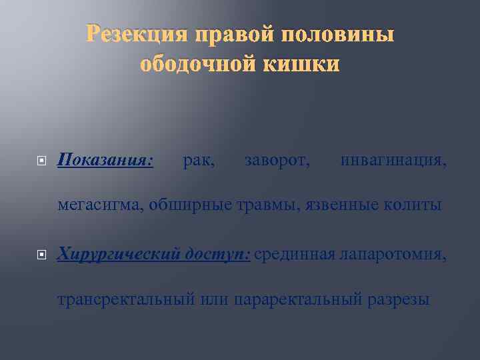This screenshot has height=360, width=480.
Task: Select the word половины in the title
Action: click(340, 34)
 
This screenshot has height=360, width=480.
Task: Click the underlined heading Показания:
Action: click(106, 160)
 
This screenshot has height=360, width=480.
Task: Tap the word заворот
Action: click(277, 160)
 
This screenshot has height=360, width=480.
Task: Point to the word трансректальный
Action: click(126, 299)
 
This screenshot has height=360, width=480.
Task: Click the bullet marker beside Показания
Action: click(41, 161)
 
